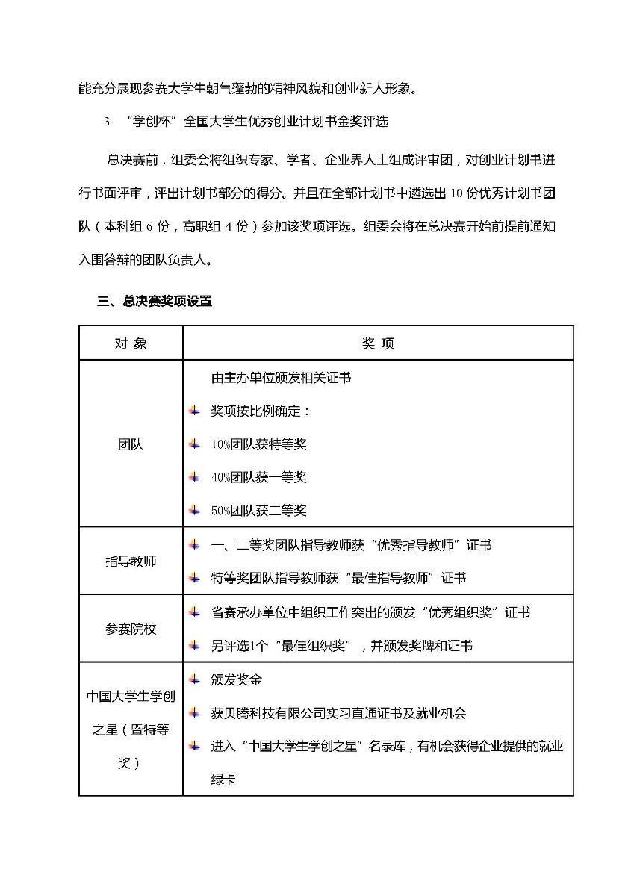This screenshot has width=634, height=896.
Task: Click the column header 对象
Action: (131, 343)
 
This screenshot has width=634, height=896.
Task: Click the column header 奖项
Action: (377, 343)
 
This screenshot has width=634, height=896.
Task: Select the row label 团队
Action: (131, 444)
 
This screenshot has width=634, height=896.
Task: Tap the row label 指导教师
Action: (131, 561)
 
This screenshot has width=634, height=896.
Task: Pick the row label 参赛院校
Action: (131, 629)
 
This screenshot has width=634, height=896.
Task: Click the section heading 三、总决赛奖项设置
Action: (155, 302)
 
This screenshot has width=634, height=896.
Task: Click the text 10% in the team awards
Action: (220, 445)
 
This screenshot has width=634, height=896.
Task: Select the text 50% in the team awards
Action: (220, 511)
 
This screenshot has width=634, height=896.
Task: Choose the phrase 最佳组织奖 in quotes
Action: (312, 646)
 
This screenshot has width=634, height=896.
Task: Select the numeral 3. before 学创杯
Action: (108, 122)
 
